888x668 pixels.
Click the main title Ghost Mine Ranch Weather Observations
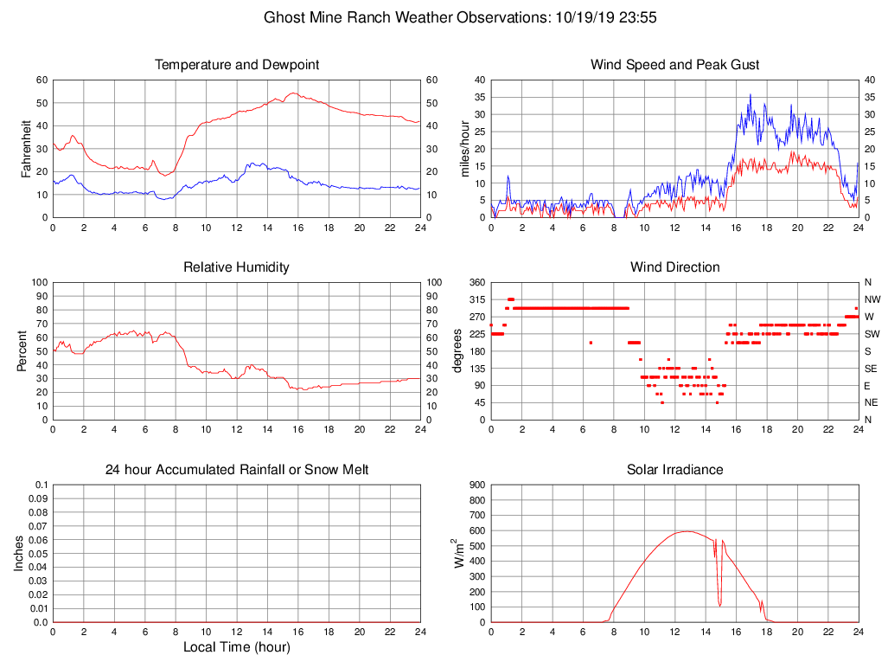click(444, 17)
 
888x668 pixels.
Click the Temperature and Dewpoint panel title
click(236, 65)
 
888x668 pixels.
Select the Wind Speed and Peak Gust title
click(674, 65)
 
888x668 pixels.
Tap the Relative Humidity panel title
click(236, 267)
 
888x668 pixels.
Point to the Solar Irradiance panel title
click(674, 470)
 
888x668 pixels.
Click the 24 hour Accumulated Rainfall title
click(236, 470)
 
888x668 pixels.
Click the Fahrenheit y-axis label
click(27, 148)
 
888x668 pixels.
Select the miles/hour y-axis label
click(465, 148)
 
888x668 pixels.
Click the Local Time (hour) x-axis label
click(236, 647)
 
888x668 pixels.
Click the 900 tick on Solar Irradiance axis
click(476, 485)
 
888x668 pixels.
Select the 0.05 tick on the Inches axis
click(37, 554)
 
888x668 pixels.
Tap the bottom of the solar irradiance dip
click(719, 605)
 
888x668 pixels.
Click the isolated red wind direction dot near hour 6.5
click(591, 343)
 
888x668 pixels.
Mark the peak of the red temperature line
click(294, 93)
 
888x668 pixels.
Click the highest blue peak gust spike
click(751, 95)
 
